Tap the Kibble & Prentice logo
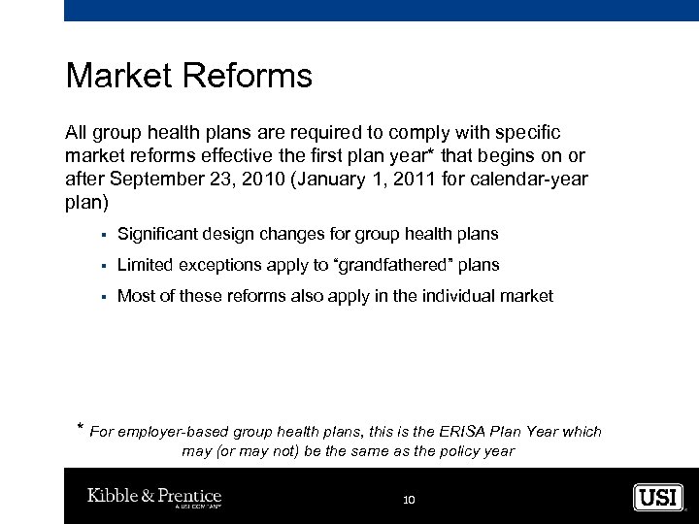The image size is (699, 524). tap(154, 498)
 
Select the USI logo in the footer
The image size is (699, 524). tap(658, 498)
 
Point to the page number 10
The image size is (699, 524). tap(409, 500)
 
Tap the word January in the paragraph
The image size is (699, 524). tap(330, 180)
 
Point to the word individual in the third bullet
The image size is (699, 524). tap(449, 296)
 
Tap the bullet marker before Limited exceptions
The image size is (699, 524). tap(102, 266)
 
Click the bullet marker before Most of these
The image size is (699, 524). tap(102, 297)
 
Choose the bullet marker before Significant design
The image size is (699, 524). tap(102, 235)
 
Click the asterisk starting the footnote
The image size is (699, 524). tap(80, 429)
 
